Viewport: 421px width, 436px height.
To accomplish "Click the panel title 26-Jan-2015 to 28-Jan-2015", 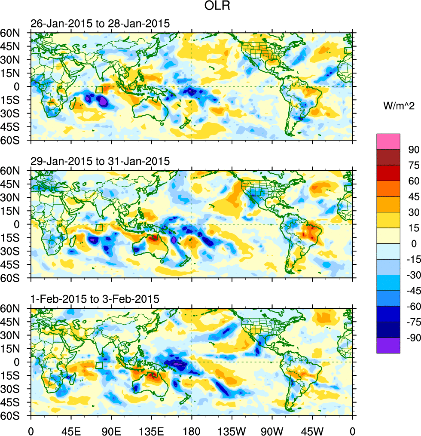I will coord(100,24).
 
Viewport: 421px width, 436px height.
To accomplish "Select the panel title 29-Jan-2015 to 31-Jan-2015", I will coord(100,161).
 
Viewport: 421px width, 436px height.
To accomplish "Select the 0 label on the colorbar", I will coord(414,243).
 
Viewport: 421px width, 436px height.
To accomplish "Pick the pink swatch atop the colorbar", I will coord(388,141).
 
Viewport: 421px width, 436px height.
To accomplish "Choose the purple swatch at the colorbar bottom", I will coord(388,345).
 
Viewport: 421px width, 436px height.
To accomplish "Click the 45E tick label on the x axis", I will coord(70,430).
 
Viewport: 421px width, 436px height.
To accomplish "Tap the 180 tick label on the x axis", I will coord(192,430).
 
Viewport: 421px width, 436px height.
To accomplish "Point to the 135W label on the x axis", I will coord(232,430).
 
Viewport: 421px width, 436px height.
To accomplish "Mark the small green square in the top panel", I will coord(99,89).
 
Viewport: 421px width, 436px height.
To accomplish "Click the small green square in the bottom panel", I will coord(99,365).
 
